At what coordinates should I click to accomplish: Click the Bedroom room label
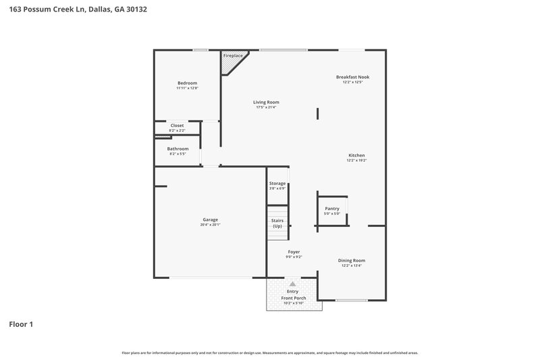click(187, 83)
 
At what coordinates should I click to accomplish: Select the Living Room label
click(267, 102)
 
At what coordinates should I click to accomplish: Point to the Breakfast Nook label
click(352, 77)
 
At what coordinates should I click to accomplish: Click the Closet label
click(177, 125)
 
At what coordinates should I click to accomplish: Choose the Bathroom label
click(178, 149)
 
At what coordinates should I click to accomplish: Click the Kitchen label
click(356, 155)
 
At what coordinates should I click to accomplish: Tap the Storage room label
click(277, 183)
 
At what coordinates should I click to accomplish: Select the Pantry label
click(331, 209)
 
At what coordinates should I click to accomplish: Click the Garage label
click(210, 219)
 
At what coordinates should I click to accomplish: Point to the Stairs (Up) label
click(277, 223)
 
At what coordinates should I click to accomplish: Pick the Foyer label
click(294, 251)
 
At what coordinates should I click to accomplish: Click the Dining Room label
click(351, 260)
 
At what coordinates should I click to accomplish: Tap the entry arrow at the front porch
click(292, 284)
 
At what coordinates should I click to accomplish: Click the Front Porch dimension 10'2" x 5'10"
click(293, 303)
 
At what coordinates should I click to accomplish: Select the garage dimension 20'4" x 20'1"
click(210, 224)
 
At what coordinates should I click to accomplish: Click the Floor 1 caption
click(21, 324)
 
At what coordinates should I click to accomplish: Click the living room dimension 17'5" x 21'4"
click(267, 107)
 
